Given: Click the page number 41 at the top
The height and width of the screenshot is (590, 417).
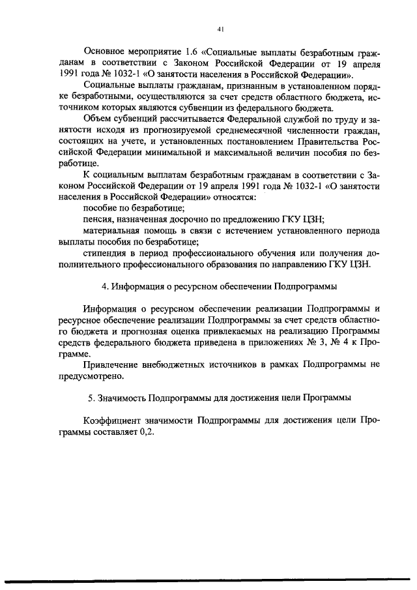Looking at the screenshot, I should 221,29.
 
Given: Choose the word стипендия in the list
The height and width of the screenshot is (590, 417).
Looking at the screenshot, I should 107,254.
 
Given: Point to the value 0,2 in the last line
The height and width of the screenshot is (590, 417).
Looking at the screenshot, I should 147,432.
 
